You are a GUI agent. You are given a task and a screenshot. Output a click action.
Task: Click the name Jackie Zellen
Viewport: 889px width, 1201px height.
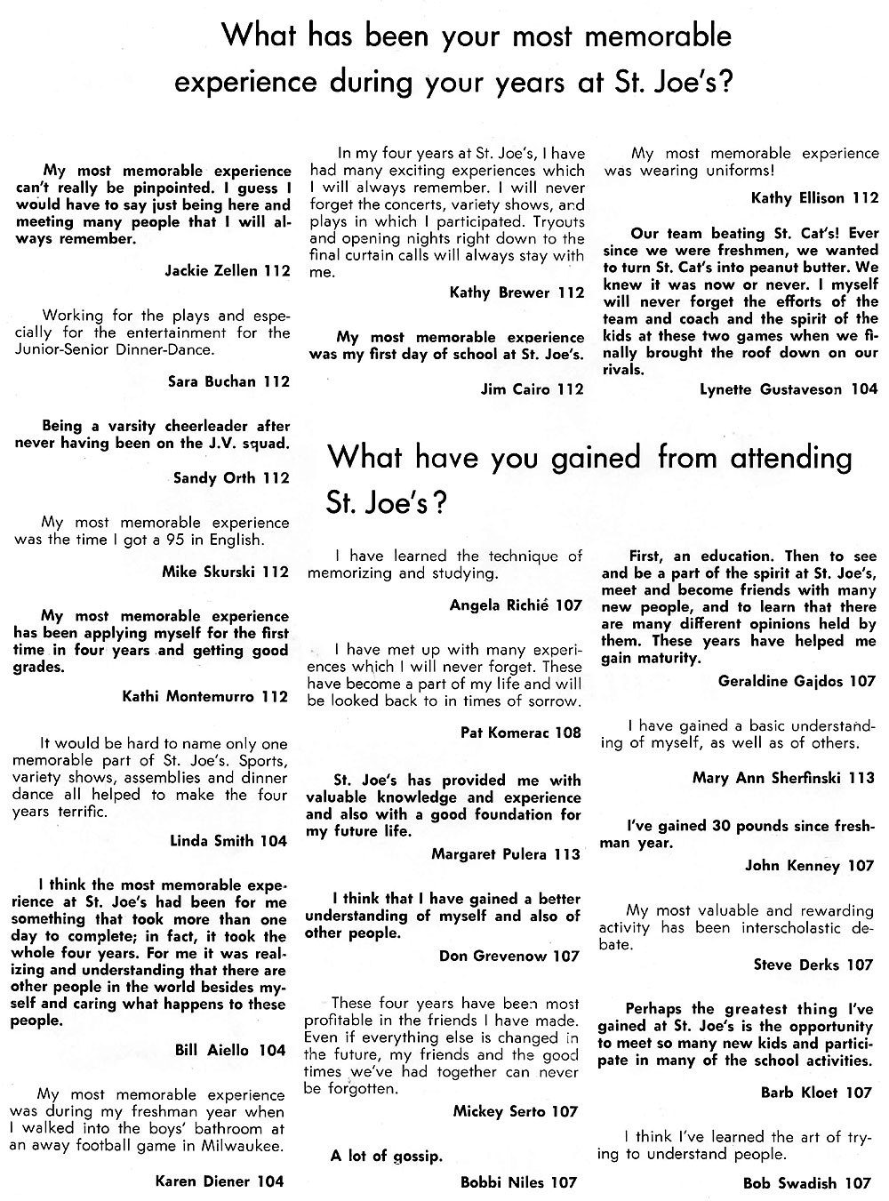click(x=212, y=270)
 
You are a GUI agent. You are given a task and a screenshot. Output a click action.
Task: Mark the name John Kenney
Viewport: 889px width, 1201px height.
click(x=792, y=865)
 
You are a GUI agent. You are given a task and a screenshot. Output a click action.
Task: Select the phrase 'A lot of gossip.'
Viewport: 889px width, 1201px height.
click(x=386, y=1156)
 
